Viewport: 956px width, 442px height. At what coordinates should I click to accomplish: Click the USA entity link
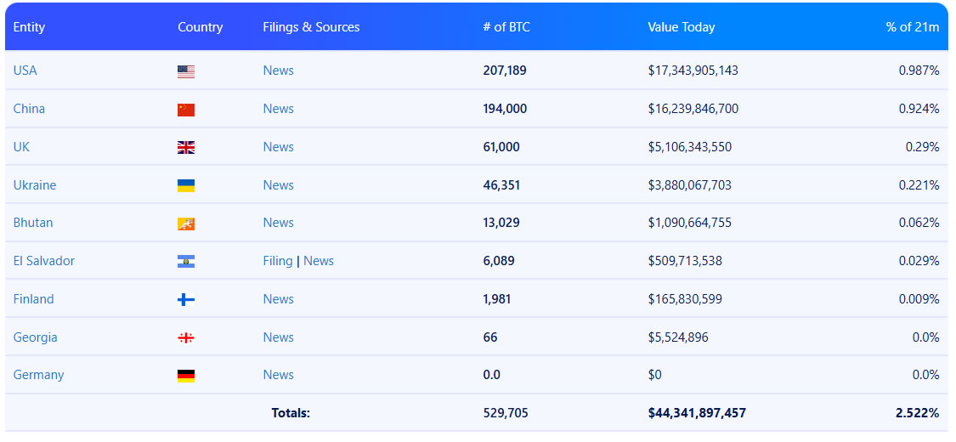click(x=25, y=71)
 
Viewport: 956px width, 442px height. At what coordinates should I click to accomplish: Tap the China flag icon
click(x=186, y=110)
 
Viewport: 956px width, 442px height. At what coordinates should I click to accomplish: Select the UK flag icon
click(x=186, y=148)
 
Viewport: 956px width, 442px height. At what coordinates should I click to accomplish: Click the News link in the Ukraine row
click(x=278, y=185)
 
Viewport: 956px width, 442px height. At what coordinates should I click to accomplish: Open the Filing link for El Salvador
click(x=278, y=261)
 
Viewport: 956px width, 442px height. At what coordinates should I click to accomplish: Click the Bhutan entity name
click(x=33, y=223)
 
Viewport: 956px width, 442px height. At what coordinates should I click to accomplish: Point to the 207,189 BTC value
click(x=505, y=71)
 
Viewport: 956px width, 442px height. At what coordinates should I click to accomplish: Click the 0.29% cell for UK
click(x=922, y=147)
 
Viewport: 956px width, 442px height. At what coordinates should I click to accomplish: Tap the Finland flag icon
click(x=186, y=300)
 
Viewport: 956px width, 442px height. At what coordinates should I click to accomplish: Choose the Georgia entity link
click(x=36, y=337)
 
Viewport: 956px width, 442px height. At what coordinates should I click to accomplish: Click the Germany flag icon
click(x=186, y=376)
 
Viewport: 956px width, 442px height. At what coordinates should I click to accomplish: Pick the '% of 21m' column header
click(x=913, y=27)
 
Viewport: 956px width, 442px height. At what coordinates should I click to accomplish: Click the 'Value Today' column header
click(x=681, y=27)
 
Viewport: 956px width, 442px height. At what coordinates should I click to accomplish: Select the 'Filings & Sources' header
click(x=311, y=27)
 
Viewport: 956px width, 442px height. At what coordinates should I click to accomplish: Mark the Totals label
click(x=291, y=413)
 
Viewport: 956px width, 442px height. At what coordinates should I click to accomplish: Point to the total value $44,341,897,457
click(x=697, y=413)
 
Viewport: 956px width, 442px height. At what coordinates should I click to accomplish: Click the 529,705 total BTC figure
click(x=505, y=413)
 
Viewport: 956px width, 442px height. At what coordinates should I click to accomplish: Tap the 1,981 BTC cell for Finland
click(x=497, y=299)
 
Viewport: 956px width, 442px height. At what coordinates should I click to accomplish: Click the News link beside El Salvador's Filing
click(x=319, y=261)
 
